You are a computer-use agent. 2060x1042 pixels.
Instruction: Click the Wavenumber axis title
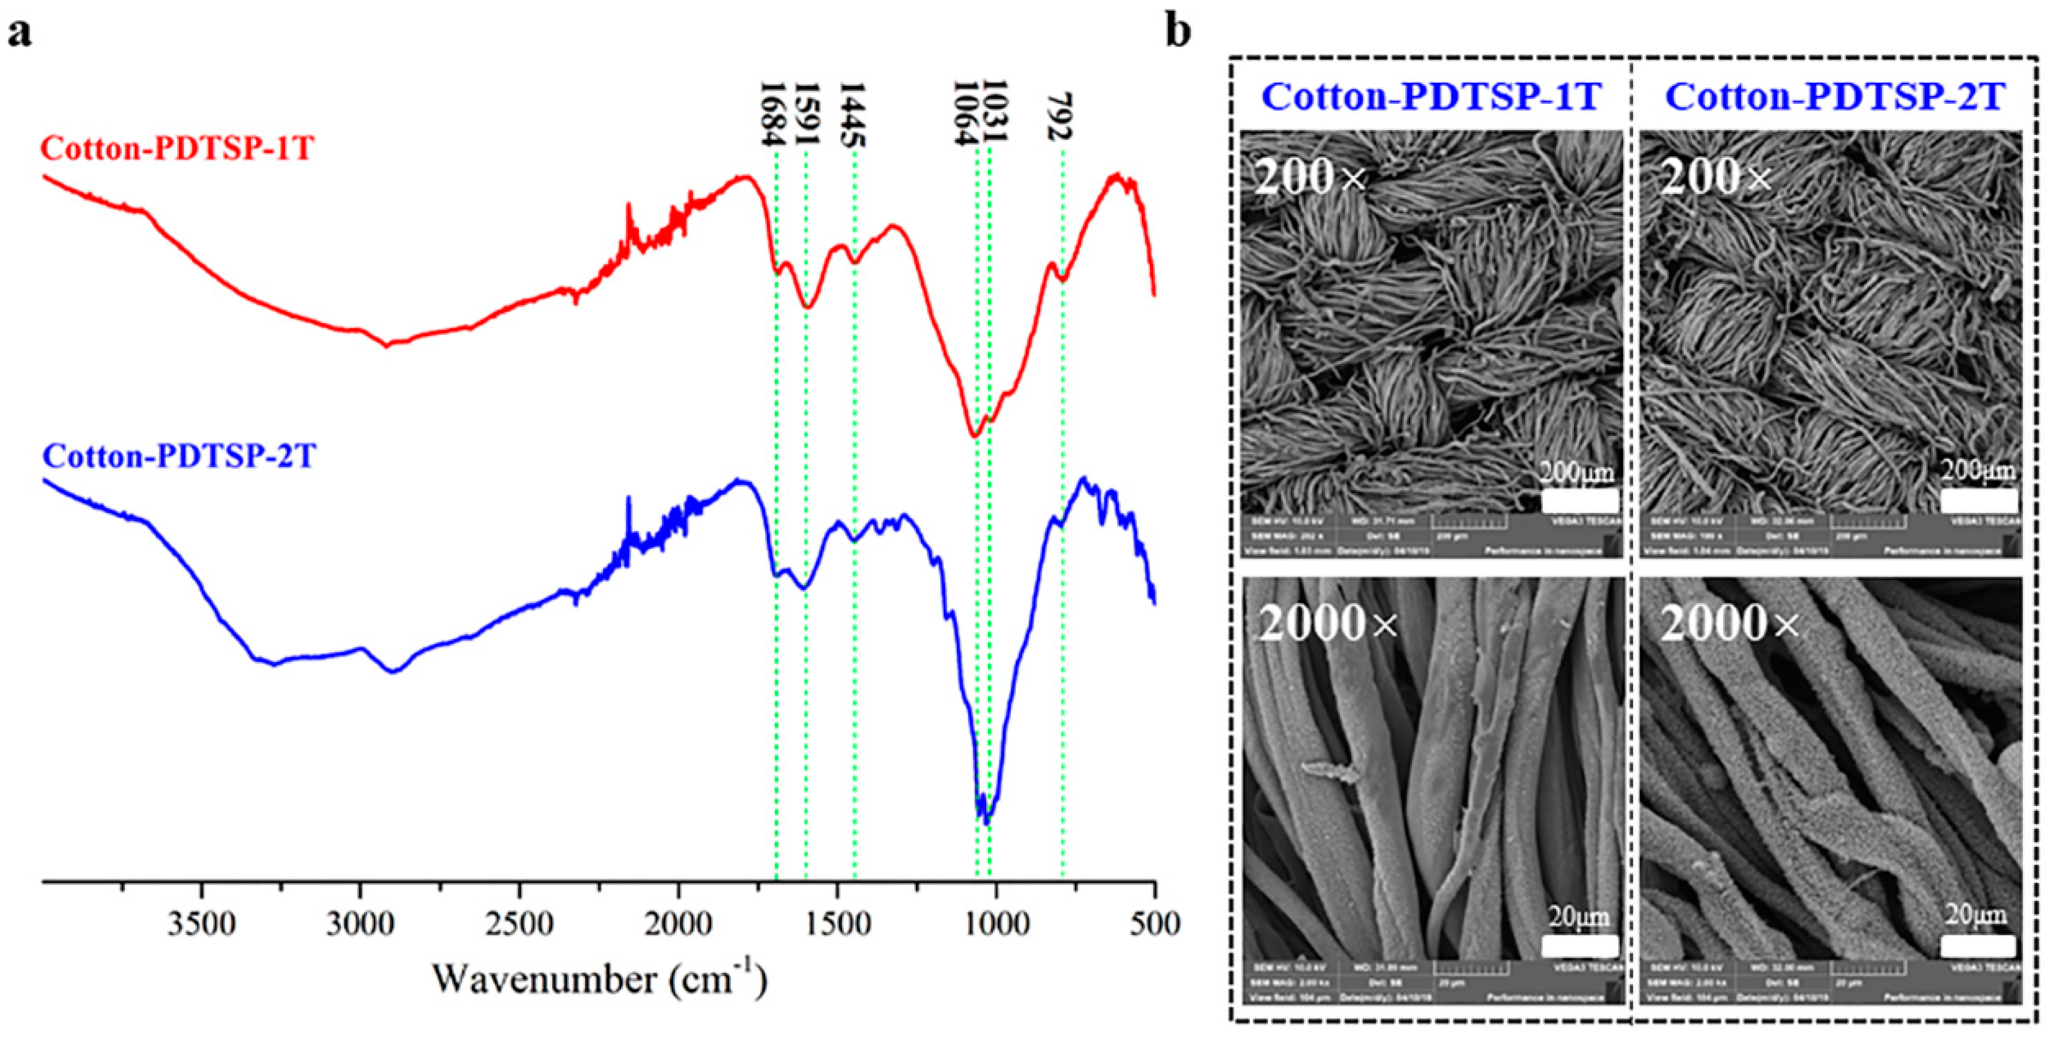click(x=600, y=978)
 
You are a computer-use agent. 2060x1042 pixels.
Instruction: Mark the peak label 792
click(x=1061, y=117)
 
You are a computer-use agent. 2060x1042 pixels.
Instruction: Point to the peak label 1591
click(x=808, y=114)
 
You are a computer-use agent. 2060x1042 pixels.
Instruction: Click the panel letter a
click(x=20, y=34)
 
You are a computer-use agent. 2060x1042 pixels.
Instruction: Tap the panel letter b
click(x=1178, y=32)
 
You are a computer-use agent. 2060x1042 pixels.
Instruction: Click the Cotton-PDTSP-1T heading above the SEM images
click(x=1431, y=97)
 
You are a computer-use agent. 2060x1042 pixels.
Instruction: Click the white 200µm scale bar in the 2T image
click(x=1978, y=501)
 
